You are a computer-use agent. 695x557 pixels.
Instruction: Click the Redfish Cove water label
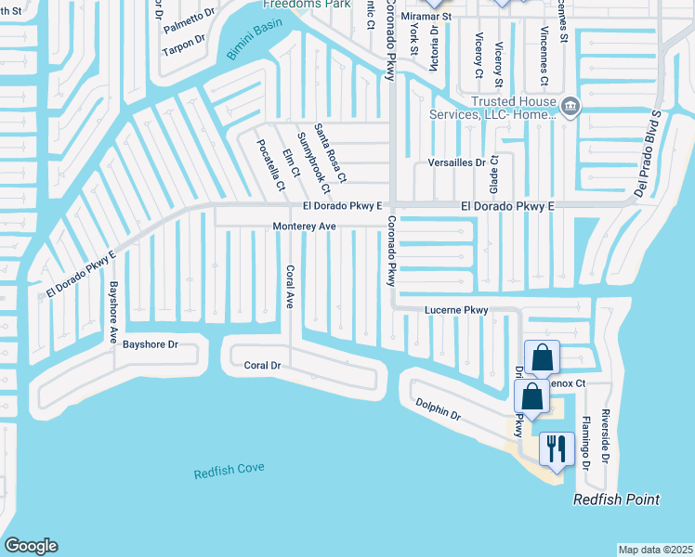click(229, 472)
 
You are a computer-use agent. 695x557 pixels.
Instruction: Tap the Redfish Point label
click(616, 500)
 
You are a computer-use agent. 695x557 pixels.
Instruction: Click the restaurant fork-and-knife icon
click(557, 448)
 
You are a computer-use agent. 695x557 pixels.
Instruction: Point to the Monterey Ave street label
click(304, 227)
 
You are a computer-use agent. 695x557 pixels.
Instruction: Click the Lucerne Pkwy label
click(456, 309)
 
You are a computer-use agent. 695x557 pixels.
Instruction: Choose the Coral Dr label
click(262, 366)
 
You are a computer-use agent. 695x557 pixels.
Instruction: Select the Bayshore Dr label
click(151, 344)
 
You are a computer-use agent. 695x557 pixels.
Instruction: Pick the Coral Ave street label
click(290, 287)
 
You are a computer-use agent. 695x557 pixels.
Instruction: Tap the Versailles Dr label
click(456, 162)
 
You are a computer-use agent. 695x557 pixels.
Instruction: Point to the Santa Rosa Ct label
click(330, 152)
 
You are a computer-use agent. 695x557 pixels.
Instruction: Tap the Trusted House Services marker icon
click(571, 108)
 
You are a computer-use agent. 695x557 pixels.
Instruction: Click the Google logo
click(31, 546)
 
